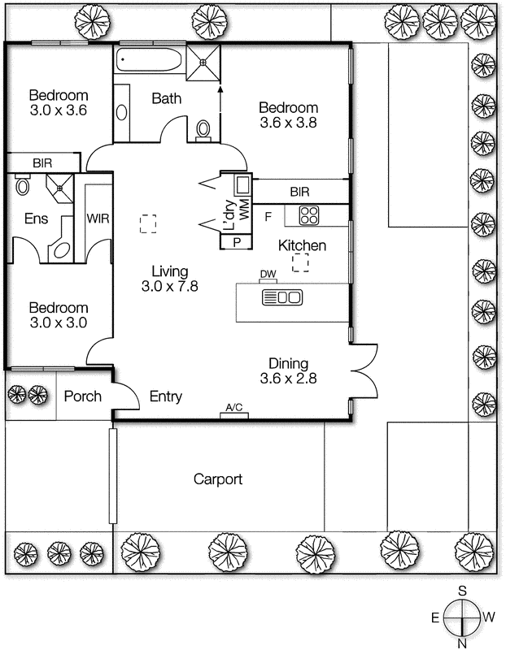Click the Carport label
218,479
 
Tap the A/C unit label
234,408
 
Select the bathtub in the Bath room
149,60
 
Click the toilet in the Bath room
203,130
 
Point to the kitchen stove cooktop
309,215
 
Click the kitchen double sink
282,297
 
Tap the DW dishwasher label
268,274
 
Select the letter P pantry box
237,242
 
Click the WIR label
98,219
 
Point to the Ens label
36,219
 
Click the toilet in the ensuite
23,185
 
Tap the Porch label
83,396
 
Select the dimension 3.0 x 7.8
170,286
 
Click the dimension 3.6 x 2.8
289,378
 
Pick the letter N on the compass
462,643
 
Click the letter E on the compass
435,618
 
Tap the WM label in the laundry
245,210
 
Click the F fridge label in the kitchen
268,216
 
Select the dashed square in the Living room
148,224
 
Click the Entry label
166,396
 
